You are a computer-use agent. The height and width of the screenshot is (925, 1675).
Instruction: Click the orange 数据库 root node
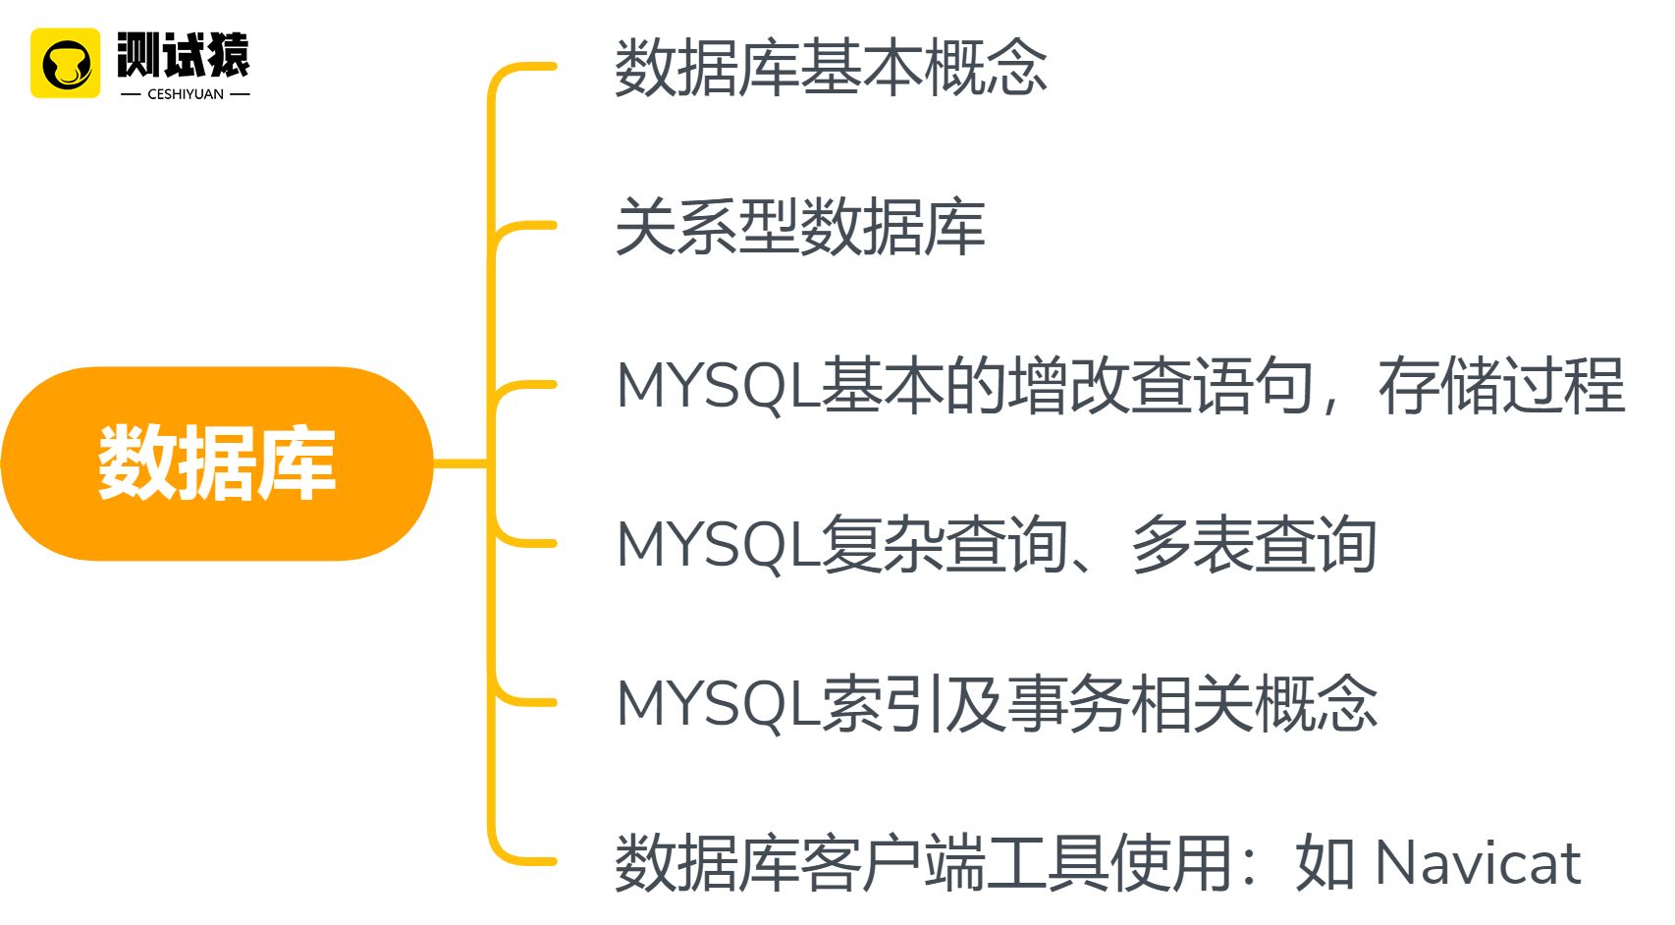[x=216, y=463]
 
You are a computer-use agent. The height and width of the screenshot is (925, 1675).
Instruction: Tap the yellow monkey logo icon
[x=65, y=64]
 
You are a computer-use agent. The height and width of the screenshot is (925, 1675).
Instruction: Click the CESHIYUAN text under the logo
[x=186, y=94]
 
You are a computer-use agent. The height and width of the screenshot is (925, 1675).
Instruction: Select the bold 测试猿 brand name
[x=184, y=54]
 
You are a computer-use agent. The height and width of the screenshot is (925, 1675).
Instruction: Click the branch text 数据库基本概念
[x=831, y=68]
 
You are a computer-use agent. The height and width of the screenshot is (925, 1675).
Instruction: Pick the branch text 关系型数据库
[x=799, y=227]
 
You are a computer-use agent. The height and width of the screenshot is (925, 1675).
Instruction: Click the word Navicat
[x=1478, y=864]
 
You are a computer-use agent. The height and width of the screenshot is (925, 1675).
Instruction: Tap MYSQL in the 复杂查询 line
[x=718, y=545]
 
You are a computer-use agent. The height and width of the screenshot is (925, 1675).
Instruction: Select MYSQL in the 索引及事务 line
[x=718, y=704]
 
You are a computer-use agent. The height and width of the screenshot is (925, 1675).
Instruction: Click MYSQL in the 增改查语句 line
[x=718, y=386]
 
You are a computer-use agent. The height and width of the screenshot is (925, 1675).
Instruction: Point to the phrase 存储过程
[x=1501, y=386]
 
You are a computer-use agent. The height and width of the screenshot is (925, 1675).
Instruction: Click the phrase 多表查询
[x=1254, y=545]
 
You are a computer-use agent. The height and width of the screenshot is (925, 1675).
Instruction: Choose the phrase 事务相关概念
[x=1192, y=704]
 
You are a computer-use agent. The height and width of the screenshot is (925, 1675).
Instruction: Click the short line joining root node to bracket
[x=459, y=463]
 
